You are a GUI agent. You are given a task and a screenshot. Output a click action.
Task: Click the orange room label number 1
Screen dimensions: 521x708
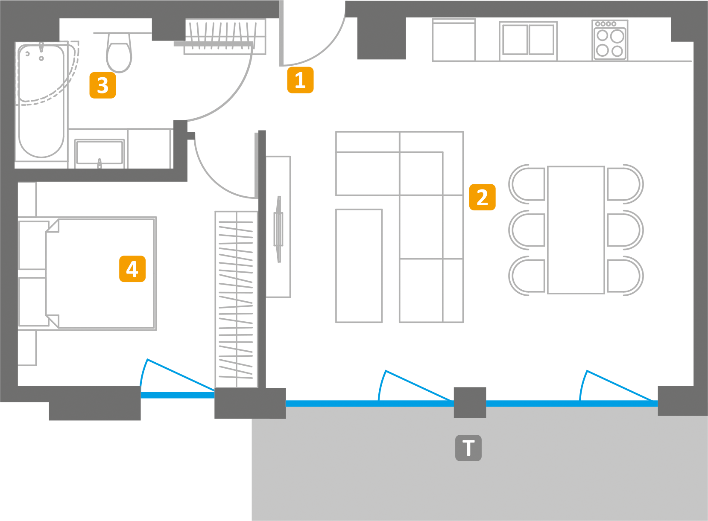(x=300, y=80)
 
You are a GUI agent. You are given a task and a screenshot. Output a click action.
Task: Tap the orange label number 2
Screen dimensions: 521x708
(x=482, y=197)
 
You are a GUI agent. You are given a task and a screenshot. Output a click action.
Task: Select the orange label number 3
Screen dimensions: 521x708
(x=102, y=85)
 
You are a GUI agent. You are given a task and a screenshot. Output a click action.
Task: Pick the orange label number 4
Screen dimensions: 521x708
(x=132, y=269)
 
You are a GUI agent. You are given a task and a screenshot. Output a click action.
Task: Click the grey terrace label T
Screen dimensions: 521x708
(x=468, y=448)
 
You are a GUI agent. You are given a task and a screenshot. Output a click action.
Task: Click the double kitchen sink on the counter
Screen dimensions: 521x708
(x=528, y=40)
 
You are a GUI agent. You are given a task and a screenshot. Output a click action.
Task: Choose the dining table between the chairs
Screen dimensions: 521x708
(x=576, y=230)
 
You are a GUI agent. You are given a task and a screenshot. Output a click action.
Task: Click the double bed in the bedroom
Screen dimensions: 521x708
(x=100, y=274)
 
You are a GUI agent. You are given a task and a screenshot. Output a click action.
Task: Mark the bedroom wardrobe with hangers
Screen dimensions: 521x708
(x=236, y=299)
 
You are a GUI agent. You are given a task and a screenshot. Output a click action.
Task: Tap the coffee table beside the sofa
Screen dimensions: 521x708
(x=359, y=265)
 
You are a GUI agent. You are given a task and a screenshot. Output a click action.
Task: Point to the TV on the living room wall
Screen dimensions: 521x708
(x=278, y=228)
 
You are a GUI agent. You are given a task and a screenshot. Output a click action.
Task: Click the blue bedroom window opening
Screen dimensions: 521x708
(x=177, y=395)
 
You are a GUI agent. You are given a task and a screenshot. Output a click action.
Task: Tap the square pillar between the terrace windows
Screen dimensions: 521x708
(x=470, y=402)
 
